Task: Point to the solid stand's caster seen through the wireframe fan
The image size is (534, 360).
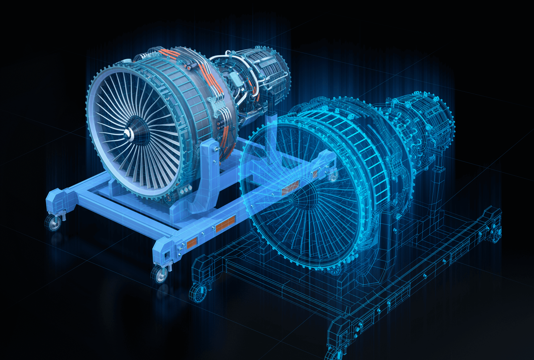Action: point(334,176)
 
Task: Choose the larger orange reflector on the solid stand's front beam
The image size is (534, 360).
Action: point(225,224)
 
